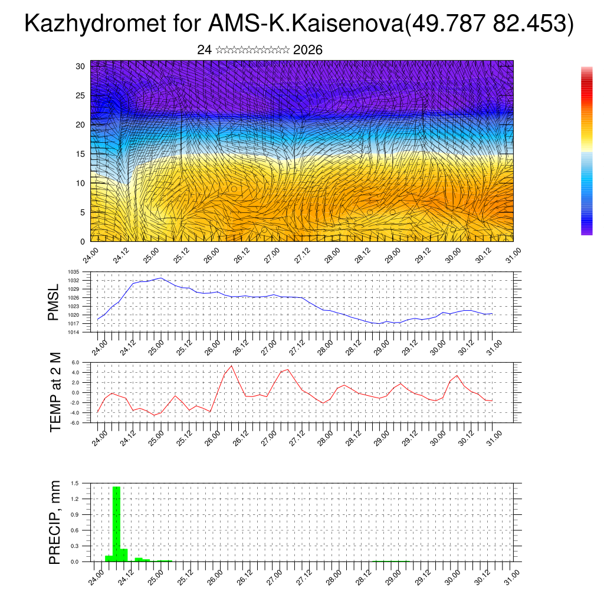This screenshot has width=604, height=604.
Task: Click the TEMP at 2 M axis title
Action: click(55, 392)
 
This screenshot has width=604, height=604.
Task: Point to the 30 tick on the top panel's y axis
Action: click(81, 66)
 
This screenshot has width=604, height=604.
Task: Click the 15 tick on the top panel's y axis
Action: click(81, 154)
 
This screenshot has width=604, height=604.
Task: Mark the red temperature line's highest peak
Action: click(231, 366)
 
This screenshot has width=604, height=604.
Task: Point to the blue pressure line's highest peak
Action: click(160, 278)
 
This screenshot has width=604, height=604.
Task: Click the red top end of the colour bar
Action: click(586, 71)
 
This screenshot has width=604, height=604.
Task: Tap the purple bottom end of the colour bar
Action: click(586, 232)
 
